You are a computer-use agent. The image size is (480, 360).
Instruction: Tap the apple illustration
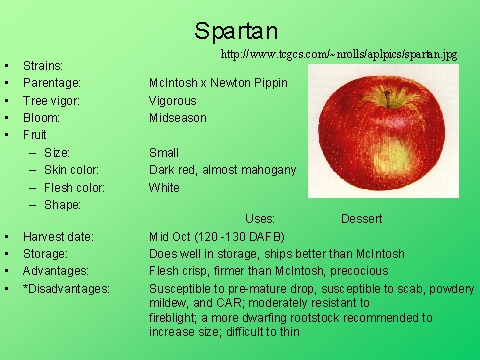tap(384, 140)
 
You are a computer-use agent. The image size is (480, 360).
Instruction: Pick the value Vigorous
tap(172, 101)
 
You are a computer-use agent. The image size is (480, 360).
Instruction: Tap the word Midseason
tap(177, 118)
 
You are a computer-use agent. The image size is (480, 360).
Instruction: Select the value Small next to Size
tap(163, 153)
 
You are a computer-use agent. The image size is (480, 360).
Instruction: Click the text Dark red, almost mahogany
tap(222, 170)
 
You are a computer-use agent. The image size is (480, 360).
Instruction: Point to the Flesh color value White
tap(164, 187)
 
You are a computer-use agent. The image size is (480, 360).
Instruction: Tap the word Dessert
tap(361, 218)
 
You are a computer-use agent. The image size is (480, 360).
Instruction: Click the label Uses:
tap(260, 218)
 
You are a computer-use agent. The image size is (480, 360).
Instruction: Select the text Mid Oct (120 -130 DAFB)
tap(216, 236)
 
